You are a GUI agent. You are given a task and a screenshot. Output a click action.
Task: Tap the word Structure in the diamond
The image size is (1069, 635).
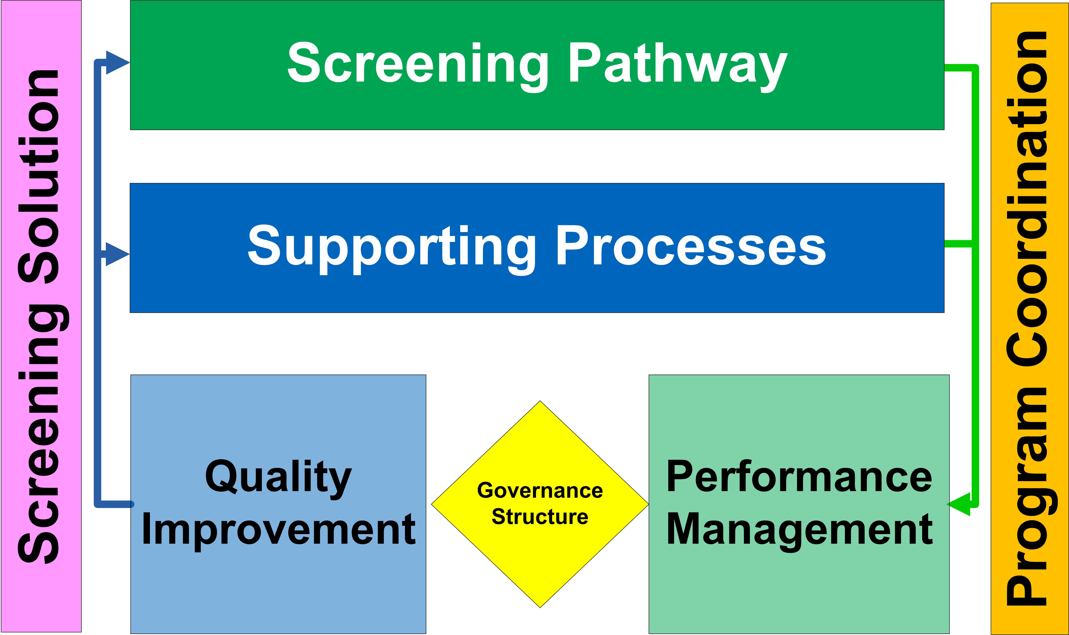tap(540, 517)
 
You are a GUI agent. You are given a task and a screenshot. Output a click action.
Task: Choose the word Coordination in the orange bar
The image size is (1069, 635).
tap(1026, 199)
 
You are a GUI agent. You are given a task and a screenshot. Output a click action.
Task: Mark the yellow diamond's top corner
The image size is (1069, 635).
tap(540, 401)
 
